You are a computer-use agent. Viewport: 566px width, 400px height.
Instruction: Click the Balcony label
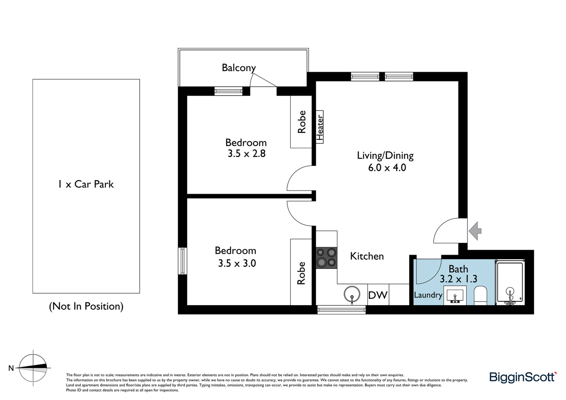[x=239, y=68]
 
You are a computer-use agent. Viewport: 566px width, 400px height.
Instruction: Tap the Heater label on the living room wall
[x=320, y=126]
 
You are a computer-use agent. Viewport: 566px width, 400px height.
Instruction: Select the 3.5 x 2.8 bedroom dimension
[x=246, y=153]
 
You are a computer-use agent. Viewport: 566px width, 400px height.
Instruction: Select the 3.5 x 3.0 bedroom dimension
[x=237, y=263]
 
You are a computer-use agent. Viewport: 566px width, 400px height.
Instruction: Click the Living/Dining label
[x=385, y=156]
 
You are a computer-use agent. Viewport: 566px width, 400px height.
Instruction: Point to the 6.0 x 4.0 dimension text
[x=387, y=168]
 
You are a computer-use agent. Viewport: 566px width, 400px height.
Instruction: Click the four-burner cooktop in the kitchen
[x=326, y=257]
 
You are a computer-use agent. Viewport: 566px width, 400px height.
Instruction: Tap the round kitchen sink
[x=352, y=295]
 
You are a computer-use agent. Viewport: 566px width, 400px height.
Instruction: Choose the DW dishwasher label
[x=377, y=295]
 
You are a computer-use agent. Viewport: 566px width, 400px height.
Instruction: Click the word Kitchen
[x=367, y=256]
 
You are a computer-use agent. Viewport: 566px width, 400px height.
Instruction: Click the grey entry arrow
[x=475, y=231]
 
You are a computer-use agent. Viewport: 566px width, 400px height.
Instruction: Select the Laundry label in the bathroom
[x=428, y=295]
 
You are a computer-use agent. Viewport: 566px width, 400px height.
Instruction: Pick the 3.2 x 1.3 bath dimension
[x=458, y=279]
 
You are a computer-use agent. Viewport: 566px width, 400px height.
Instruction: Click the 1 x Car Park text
[x=86, y=184]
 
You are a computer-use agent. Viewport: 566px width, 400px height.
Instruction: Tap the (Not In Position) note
[x=86, y=306]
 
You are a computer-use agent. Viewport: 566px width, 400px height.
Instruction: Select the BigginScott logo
[x=522, y=377]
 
